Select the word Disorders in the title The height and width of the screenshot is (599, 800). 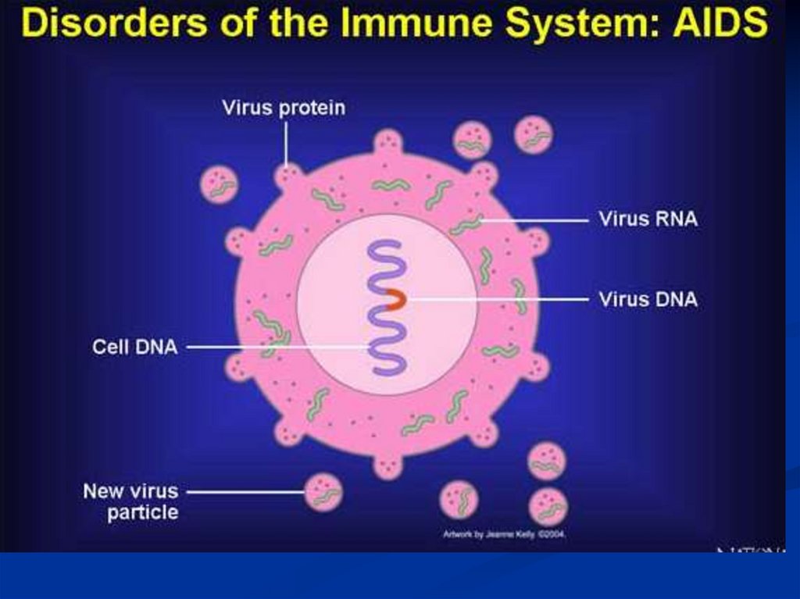[109, 23]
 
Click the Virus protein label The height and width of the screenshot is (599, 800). [283, 108]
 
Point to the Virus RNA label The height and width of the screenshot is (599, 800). [648, 219]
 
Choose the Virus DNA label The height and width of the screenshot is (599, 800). [648, 299]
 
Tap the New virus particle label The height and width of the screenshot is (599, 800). [130, 502]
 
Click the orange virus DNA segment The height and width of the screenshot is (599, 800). [397, 299]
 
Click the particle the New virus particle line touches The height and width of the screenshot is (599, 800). [323, 492]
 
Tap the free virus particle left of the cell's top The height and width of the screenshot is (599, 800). [220, 186]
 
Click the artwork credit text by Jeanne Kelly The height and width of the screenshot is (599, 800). [503, 535]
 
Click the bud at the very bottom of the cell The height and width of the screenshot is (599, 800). [387, 466]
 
